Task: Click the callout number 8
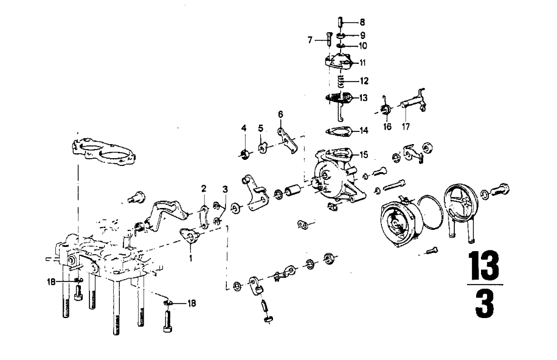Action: pos(362,22)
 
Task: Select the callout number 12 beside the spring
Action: pos(364,81)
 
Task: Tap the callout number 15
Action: pos(364,154)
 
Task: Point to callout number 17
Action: pos(406,126)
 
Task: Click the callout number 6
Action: pos(281,114)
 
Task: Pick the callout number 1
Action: pos(191,258)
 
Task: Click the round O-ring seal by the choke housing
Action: pos(431,212)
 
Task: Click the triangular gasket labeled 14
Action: pos(338,131)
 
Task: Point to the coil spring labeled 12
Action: pos(341,82)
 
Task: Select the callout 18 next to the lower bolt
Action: pos(191,303)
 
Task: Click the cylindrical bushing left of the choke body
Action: pos(294,190)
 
